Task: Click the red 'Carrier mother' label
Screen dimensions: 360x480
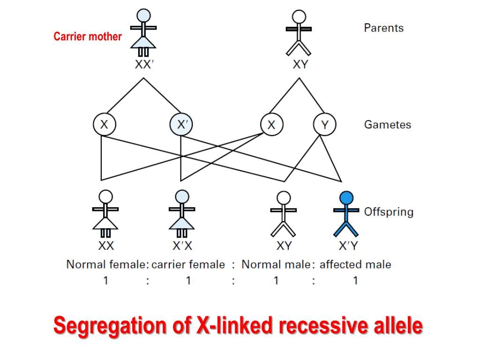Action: click(x=88, y=37)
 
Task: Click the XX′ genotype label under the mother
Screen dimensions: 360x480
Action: click(x=144, y=65)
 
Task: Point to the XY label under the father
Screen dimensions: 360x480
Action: click(x=300, y=65)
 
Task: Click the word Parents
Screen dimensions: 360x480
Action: click(x=383, y=28)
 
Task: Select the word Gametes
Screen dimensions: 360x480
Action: click(x=387, y=125)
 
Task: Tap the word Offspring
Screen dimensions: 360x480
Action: click(x=389, y=211)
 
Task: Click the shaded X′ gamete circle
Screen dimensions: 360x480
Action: click(x=181, y=125)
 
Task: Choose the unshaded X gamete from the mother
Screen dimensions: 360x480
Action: click(x=104, y=125)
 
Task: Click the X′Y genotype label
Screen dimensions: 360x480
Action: click(x=348, y=246)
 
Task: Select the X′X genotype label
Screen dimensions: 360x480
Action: click(x=182, y=246)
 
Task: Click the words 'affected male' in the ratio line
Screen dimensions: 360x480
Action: click(x=355, y=264)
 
